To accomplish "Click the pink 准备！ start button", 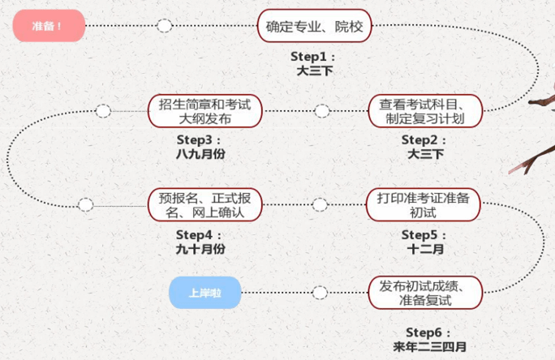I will coord(49,27).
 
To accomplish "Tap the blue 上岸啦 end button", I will coord(205,293).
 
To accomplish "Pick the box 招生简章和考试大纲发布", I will coord(200,111).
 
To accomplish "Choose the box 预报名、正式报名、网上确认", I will coord(200,205).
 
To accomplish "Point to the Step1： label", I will coord(312,57).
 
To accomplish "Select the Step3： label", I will coord(198,139).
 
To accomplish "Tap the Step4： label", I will coord(198,234).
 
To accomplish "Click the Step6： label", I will coord(428,332).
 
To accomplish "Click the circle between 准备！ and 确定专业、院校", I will coord(165,26).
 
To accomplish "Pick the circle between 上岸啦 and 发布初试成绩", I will coord(321,293).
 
